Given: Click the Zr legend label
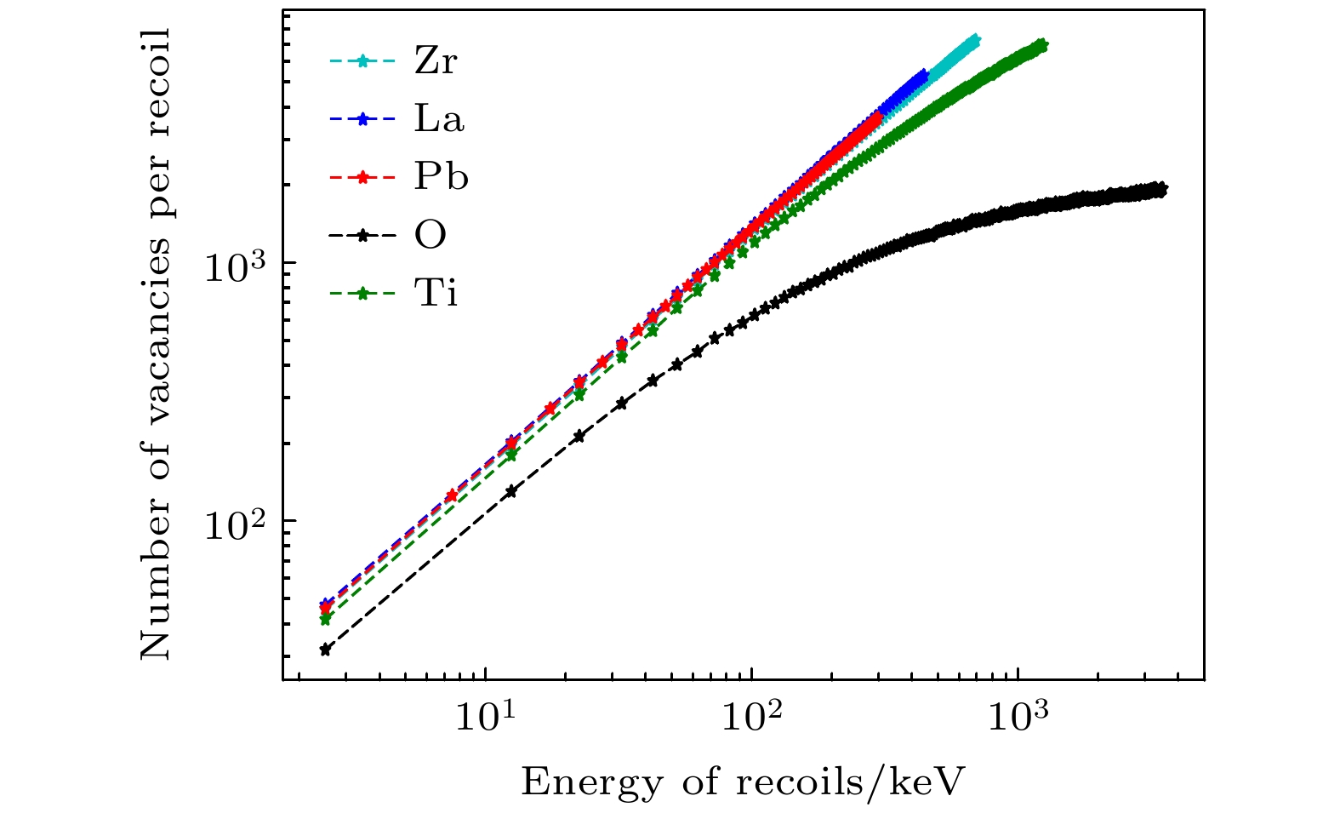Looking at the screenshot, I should (x=436, y=61).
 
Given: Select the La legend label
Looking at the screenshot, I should (x=439, y=119).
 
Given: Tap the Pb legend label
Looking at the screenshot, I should (x=441, y=177).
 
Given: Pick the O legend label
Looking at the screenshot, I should (x=431, y=235).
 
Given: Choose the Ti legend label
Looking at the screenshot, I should (x=436, y=294).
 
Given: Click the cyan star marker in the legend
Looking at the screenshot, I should (x=362, y=61).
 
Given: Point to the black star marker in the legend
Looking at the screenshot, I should (x=362, y=236).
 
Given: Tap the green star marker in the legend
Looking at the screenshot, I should (x=362, y=294).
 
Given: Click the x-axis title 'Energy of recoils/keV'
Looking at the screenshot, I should (x=744, y=782).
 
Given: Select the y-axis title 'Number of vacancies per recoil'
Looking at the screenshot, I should (x=156, y=342).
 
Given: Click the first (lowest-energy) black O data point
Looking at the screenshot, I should (x=325, y=650).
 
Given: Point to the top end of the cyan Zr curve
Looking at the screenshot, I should (x=974, y=40).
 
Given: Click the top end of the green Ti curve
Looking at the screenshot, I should (x=1042, y=45).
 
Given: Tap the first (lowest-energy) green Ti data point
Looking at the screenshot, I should (x=325, y=619).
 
